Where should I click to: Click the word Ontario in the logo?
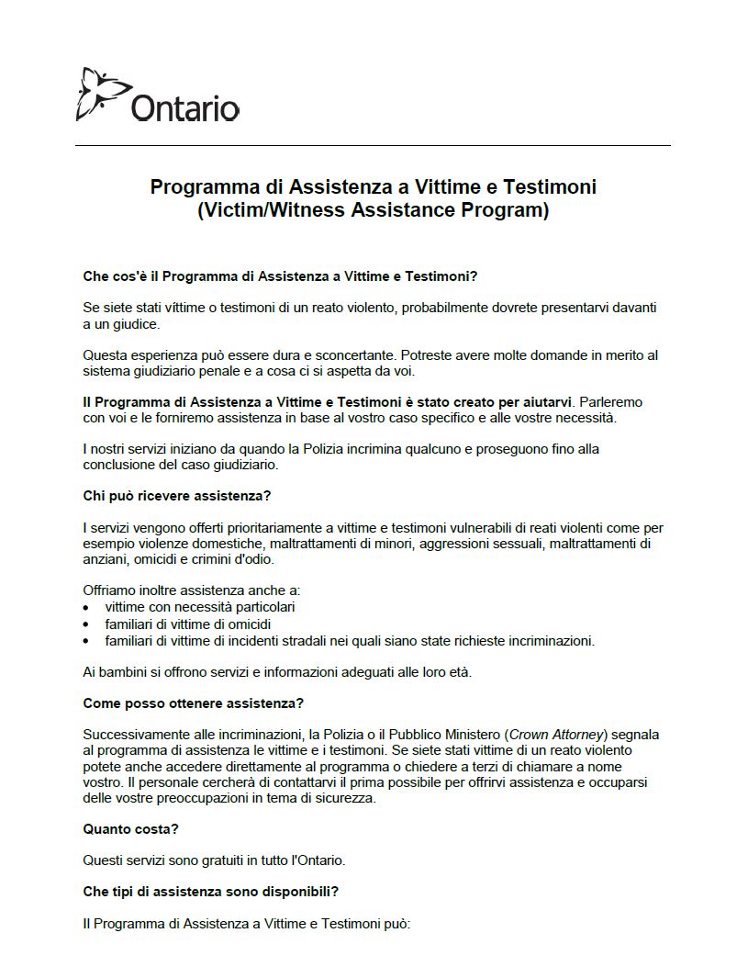point(184,108)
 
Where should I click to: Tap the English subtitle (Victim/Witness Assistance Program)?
point(373,210)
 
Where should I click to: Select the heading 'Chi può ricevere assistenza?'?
point(177,496)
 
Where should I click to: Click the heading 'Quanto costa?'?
point(130,828)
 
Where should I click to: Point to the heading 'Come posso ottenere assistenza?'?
point(193,703)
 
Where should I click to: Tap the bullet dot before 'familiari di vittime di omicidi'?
point(86,624)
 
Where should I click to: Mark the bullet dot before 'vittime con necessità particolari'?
point(86,608)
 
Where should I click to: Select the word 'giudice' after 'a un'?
point(136,323)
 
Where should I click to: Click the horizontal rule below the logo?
point(373,145)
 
